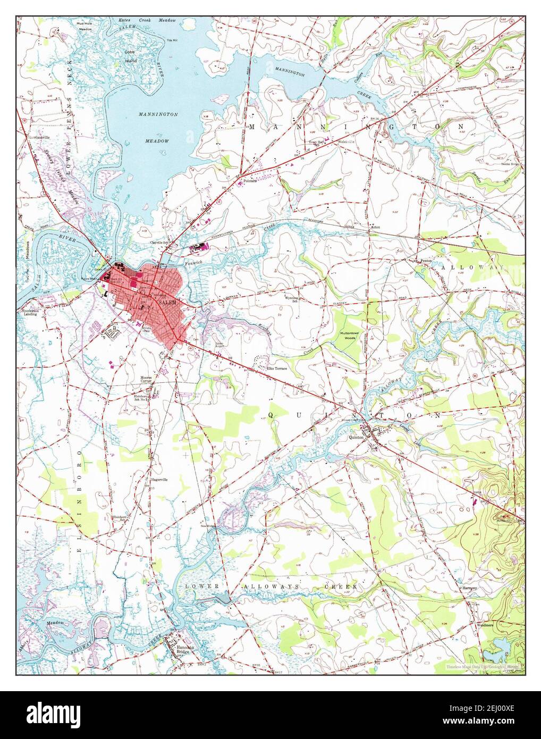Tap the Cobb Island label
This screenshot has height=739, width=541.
[129, 55]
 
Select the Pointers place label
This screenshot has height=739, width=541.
[250, 181]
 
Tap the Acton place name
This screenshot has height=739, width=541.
[376, 226]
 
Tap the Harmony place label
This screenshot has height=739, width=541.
[470, 589]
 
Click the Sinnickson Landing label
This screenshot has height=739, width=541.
[31, 312]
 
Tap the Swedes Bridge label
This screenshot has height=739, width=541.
[511, 165]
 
